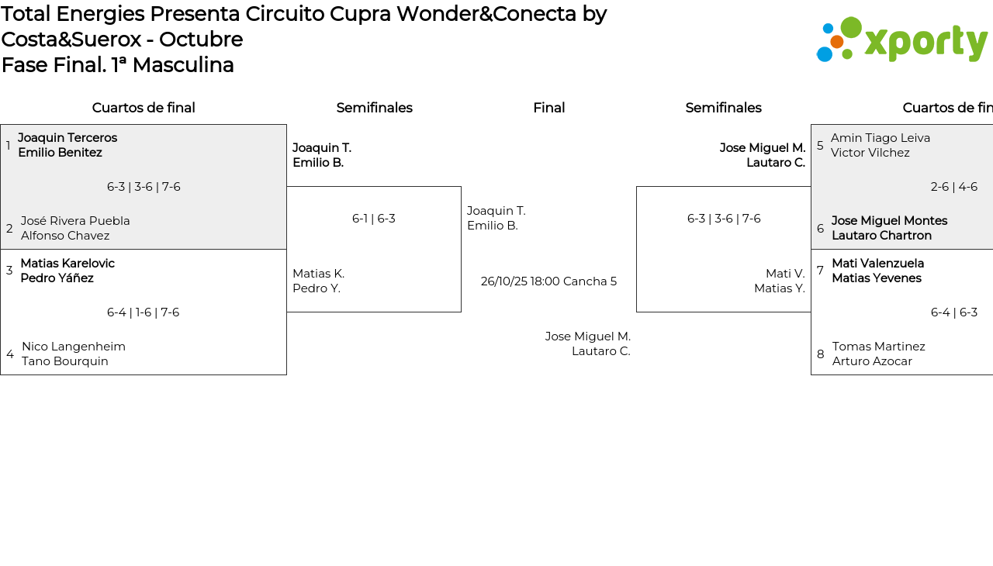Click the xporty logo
[x=902, y=40]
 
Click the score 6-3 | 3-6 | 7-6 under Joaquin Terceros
[x=144, y=187]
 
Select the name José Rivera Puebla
[x=75, y=221]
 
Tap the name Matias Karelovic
[x=67, y=264]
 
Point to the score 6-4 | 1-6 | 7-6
[x=143, y=312]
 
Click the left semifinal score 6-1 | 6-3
[x=374, y=219]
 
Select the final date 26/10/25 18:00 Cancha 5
[x=548, y=281]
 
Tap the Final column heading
[x=548, y=108]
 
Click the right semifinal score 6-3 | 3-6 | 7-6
[x=724, y=219]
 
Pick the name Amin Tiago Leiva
[x=881, y=138]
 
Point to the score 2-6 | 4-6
[x=953, y=187]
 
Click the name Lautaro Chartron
[x=881, y=236]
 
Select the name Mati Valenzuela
[x=877, y=264]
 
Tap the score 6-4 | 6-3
[x=953, y=312]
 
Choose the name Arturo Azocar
[x=872, y=361]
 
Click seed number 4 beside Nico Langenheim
[x=10, y=354]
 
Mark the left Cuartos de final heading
[x=144, y=108]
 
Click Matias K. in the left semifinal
[x=318, y=274]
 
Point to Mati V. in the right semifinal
[x=785, y=274]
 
